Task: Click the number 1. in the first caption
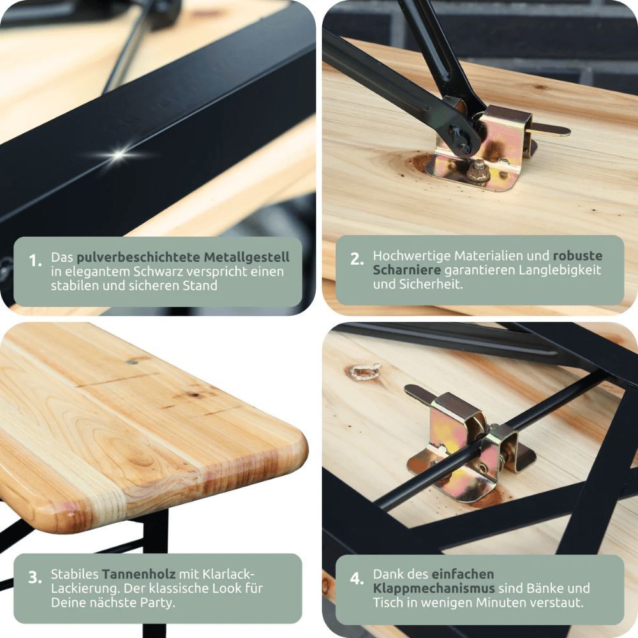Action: click(35, 260)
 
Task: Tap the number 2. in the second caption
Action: click(357, 259)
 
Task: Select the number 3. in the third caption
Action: click(35, 577)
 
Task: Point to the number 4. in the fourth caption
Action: click(357, 578)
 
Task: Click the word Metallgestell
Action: click(246, 257)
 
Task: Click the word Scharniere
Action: click(407, 270)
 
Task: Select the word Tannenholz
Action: click(138, 574)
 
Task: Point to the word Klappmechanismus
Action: click(434, 588)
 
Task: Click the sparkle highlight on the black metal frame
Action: click(119, 154)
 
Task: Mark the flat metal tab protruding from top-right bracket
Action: click(551, 131)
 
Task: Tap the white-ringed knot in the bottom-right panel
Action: click(364, 372)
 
